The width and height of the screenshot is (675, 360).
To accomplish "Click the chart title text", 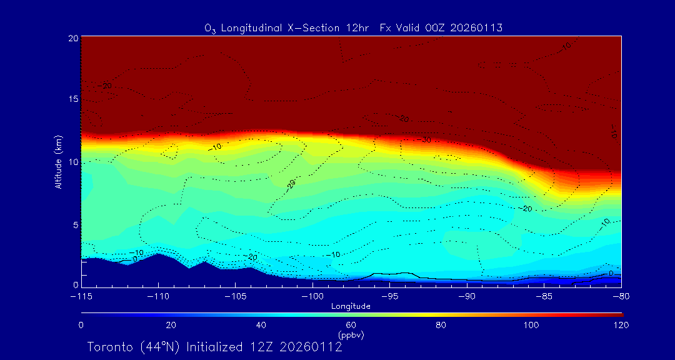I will pos(353,27).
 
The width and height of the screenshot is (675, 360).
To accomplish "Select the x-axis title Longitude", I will pos(351,306).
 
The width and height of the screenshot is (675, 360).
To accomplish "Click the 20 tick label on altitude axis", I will pos(72,38).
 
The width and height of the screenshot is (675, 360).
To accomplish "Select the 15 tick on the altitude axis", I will pos(72,100).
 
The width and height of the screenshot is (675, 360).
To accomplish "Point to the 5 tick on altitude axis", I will pos(74,224).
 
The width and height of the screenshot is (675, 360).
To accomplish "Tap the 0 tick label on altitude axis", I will pos(74,285).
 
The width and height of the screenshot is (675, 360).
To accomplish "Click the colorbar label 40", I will pos(261,325).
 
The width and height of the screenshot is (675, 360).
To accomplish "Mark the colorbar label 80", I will pos(441,325).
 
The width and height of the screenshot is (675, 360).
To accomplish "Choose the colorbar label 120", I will pos(621,325).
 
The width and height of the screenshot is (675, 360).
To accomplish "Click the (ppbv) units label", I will pos(351,335).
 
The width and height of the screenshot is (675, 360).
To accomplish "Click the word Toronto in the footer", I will pos(109,347).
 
